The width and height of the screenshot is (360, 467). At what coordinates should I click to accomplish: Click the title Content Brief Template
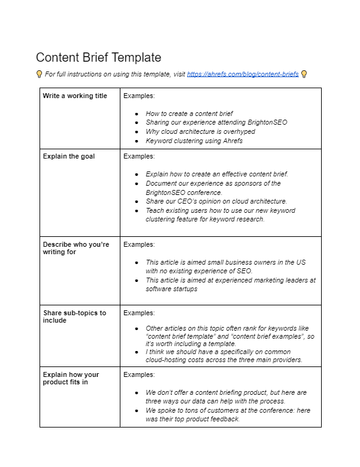(98, 57)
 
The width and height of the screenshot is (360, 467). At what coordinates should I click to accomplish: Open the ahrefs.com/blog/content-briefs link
(243, 74)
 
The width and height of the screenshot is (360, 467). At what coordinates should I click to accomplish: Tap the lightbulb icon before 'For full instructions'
(40, 74)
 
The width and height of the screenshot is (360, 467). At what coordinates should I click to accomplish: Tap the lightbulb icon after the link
(304, 74)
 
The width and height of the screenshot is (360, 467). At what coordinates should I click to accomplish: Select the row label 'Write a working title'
(75, 96)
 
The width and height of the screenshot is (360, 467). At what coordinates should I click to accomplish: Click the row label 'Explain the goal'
(69, 157)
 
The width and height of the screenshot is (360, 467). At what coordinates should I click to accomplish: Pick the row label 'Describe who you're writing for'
(75, 248)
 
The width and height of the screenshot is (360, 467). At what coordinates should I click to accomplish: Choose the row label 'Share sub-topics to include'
(74, 316)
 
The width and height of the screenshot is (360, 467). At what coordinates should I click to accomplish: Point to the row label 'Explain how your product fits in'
(70, 378)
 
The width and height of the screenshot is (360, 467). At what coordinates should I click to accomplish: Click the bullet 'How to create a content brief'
(189, 114)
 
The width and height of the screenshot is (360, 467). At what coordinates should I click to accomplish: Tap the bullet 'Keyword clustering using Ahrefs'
(194, 141)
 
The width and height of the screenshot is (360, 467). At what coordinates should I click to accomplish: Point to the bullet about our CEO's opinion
(216, 201)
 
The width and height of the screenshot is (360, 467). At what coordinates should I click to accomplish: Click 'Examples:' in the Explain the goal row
(139, 157)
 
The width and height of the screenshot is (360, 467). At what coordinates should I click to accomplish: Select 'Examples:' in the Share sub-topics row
(139, 313)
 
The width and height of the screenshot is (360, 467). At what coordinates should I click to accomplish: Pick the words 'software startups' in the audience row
(172, 289)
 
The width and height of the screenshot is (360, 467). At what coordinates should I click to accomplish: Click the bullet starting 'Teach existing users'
(220, 215)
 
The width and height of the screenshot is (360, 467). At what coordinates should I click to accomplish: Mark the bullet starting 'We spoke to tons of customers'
(227, 415)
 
